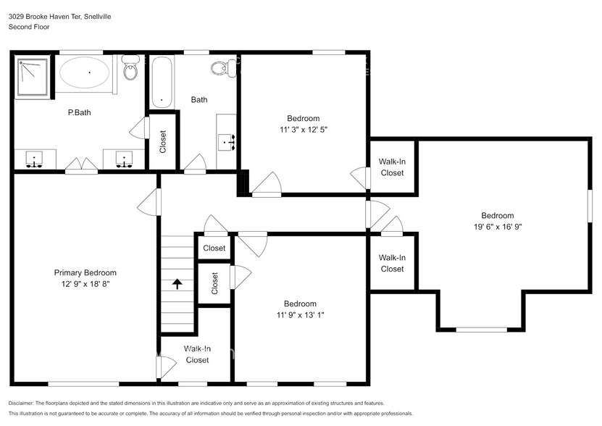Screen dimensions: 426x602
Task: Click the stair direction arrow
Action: [x=177, y=283]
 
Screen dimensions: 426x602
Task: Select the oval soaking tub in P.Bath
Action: [x=85, y=73]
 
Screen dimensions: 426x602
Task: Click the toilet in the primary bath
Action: [x=130, y=69]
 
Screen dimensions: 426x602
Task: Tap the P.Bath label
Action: [x=79, y=112]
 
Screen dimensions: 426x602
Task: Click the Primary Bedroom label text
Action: [x=85, y=273]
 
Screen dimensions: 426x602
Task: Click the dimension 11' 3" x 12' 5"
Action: [x=303, y=129]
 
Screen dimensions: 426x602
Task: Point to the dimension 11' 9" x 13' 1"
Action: [x=299, y=314]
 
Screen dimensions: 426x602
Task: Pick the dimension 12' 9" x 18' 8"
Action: [x=85, y=284]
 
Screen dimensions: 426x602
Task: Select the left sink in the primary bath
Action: [x=34, y=159]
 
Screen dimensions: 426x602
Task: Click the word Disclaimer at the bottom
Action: [x=25, y=403]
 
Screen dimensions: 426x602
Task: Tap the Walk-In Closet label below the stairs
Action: [x=196, y=354]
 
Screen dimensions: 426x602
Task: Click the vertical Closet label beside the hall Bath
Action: [x=163, y=140]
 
